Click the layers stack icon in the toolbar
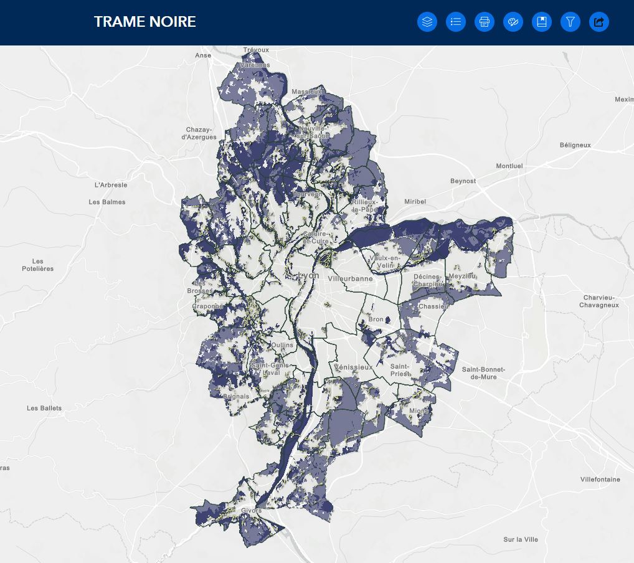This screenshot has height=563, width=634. [427, 22]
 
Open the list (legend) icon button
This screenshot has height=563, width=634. [456, 22]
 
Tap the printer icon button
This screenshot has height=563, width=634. [485, 22]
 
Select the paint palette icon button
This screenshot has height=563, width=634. [513, 22]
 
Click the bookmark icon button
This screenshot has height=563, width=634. [542, 22]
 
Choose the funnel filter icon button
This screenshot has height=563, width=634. [570, 22]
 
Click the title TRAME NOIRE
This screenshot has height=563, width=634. [145, 22]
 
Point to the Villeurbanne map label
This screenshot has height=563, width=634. [350, 278]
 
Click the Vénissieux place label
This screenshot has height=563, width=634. [353, 367]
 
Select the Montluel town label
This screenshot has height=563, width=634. [509, 166]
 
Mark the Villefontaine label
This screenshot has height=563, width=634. [600, 480]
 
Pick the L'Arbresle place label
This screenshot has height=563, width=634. [111, 185]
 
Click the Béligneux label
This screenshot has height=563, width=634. [575, 145]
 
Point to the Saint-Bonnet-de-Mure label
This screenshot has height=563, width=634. [484, 373]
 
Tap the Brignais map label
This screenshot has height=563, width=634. [236, 396]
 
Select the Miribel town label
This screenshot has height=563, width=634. [415, 202]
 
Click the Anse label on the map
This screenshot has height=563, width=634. [203, 55]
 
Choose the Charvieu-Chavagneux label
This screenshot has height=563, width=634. [599, 301]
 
